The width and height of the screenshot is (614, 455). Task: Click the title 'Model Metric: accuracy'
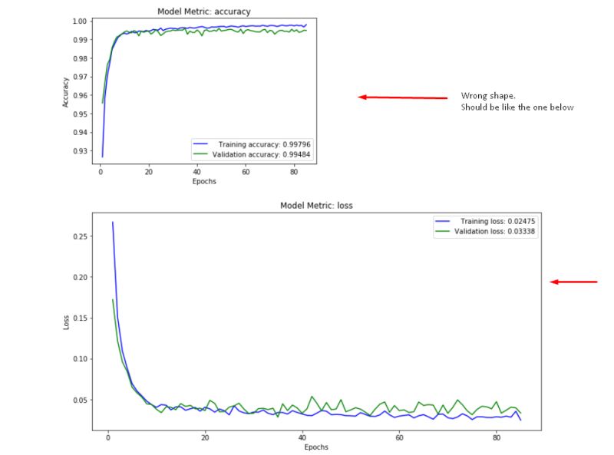pos(203,12)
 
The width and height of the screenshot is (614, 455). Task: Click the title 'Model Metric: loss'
pos(316,206)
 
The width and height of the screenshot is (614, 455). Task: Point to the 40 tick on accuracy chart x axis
pos(197,172)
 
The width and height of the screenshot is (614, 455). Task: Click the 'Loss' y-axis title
pos(68,322)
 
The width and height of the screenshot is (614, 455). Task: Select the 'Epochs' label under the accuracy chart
pos(203,182)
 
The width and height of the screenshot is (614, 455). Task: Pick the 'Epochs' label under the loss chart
pos(316,447)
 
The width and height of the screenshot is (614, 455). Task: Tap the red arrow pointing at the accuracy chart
pos(403,97)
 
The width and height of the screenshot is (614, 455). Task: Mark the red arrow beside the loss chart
pos(573,282)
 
